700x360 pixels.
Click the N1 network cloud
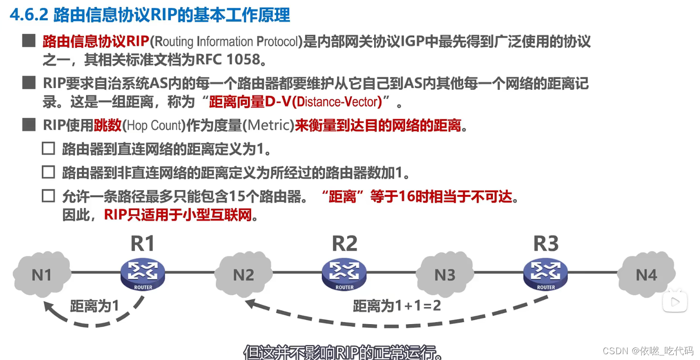point(42,274)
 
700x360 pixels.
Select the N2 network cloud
point(243,274)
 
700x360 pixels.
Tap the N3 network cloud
point(445,274)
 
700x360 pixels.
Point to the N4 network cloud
point(646,274)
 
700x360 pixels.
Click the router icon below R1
point(143,274)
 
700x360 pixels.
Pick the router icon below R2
point(344,274)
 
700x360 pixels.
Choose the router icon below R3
point(546,274)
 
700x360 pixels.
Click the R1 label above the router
point(142,244)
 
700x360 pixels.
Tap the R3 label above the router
point(546,244)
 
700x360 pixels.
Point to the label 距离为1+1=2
point(397,306)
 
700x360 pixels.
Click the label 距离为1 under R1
point(95,306)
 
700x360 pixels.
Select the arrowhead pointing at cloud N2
point(251,304)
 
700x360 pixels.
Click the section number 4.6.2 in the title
point(29,15)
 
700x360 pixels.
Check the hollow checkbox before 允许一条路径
point(48,196)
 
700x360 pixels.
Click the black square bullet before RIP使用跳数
point(29,125)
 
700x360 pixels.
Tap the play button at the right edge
point(675,301)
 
